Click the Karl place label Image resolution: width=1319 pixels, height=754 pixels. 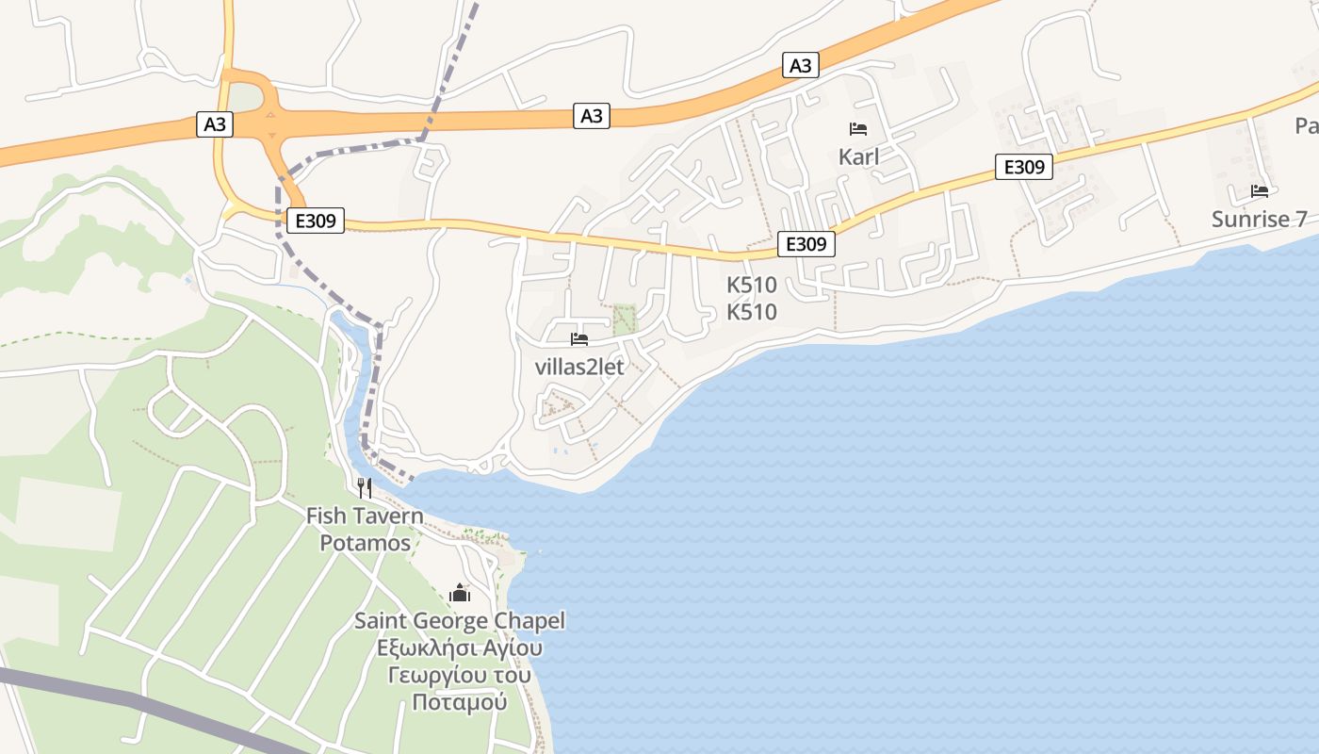point(858,156)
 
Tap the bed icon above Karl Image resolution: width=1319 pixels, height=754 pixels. point(858,129)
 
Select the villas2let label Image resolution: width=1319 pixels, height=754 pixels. point(579,368)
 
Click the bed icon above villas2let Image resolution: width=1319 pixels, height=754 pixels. point(579,339)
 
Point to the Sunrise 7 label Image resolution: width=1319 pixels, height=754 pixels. point(1259,220)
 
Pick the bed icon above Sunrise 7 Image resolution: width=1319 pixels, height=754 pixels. point(1260,191)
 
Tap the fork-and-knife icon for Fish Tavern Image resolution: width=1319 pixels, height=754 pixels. point(365,488)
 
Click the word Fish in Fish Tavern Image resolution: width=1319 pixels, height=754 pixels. point(326,516)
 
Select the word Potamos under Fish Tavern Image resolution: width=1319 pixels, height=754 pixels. point(366,543)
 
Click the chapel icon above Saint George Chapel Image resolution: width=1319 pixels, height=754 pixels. point(460,593)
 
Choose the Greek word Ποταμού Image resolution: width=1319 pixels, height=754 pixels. point(460,703)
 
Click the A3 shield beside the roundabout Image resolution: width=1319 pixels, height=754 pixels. point(215,124)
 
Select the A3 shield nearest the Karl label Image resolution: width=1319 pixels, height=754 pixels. point(800,65)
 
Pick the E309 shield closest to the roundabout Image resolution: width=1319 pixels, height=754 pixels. point(316,221)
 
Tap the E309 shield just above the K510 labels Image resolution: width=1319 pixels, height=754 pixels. point(806,244)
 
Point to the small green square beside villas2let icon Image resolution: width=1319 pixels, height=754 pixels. point(625,320)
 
